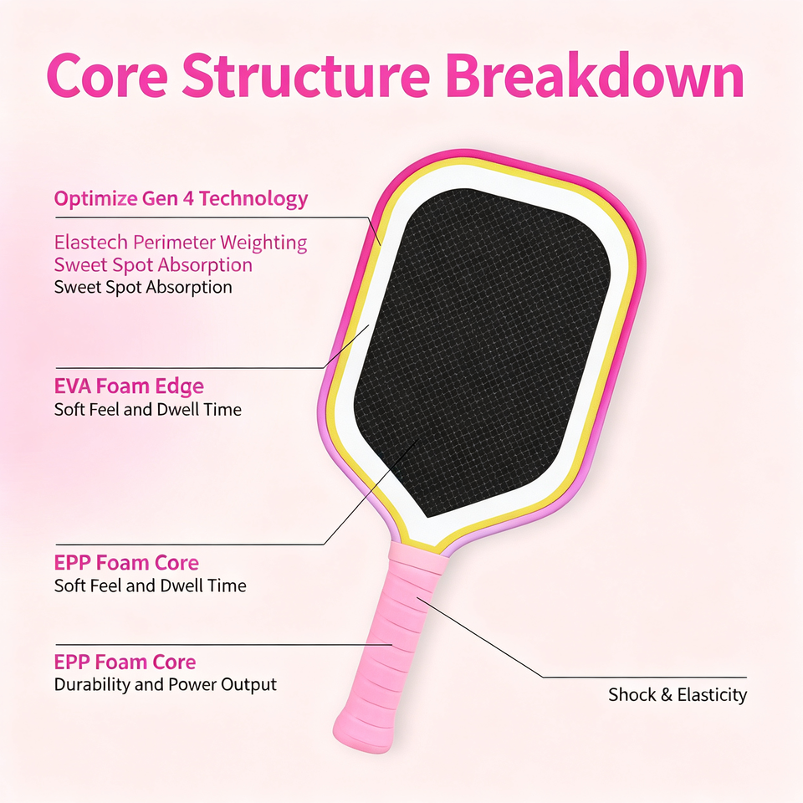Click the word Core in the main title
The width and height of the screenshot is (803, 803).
(x=107, y=75)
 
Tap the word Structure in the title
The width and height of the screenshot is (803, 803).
(x=306, y=75)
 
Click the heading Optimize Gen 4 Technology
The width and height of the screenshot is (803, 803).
(x=181, y=199)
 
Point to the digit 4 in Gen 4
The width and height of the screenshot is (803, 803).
(x=188, y=198)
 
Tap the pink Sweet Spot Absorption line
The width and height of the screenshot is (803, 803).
(x=153, y=265)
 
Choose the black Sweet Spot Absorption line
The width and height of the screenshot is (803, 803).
(x=143, y=287)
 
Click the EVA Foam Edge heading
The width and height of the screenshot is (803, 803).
(x=129, y=386)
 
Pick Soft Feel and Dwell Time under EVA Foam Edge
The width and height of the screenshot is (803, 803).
(x=147, y=409)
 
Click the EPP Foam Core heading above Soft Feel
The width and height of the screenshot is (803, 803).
(x=126, y=562)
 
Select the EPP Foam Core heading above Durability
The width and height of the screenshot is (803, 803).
(x=125, y=662)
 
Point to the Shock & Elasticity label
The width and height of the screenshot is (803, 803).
(x=677, y=694)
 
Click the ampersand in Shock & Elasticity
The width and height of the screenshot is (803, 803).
(x=667, y=695)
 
